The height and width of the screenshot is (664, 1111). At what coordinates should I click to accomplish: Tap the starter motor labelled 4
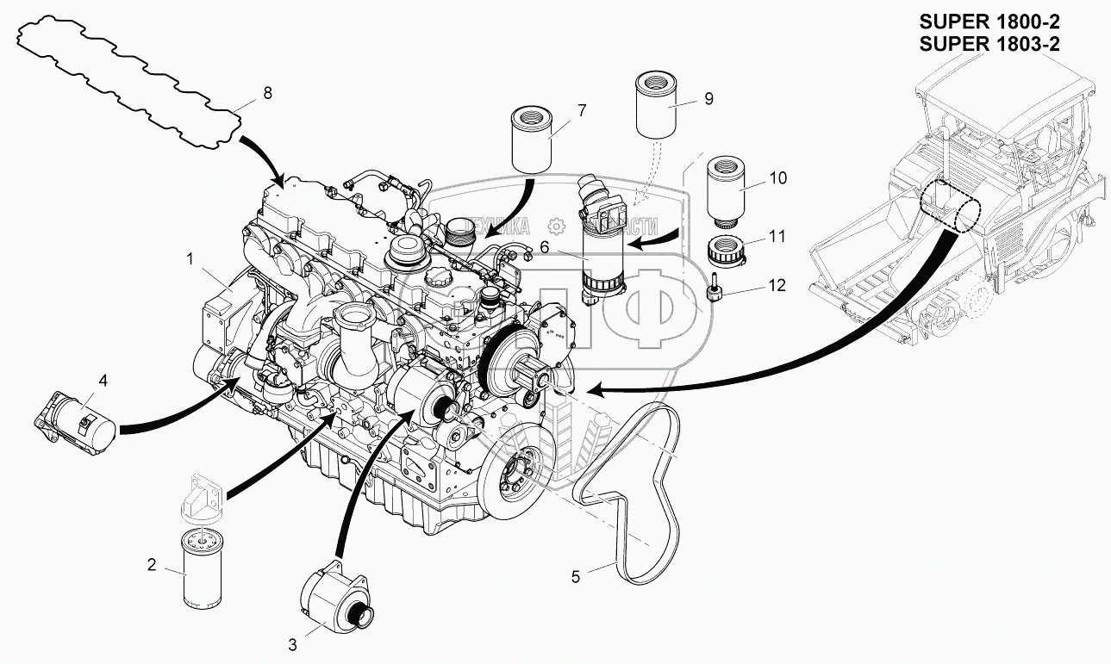pyautogui.click(x=78, y=417)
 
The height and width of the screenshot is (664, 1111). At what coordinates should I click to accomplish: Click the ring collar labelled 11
pyautogui.click(x=727, y=250)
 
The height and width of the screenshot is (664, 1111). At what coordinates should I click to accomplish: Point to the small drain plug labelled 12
pyautogui.click(x=715, y=292)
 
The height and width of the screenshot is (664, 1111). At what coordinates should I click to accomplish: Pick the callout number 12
pyautogui.click(x=777, y=286)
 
